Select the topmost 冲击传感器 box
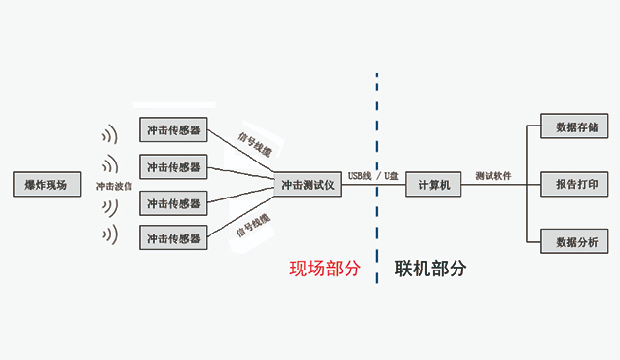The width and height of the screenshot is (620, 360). point(173,129)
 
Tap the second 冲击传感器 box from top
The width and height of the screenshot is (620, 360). point(173,166)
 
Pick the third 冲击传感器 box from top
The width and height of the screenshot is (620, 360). point(173,203)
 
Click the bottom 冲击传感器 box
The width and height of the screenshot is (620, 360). point(173,237)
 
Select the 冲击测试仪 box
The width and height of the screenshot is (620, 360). point(308,184)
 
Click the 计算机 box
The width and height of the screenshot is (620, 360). point(433,184)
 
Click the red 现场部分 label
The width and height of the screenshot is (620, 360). point(325,269)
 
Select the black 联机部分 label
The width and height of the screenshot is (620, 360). point(430,269)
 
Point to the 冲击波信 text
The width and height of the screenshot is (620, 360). point(115,185)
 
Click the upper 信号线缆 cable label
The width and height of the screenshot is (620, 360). point(255,142)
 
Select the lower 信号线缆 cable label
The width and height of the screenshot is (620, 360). point(253,226)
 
